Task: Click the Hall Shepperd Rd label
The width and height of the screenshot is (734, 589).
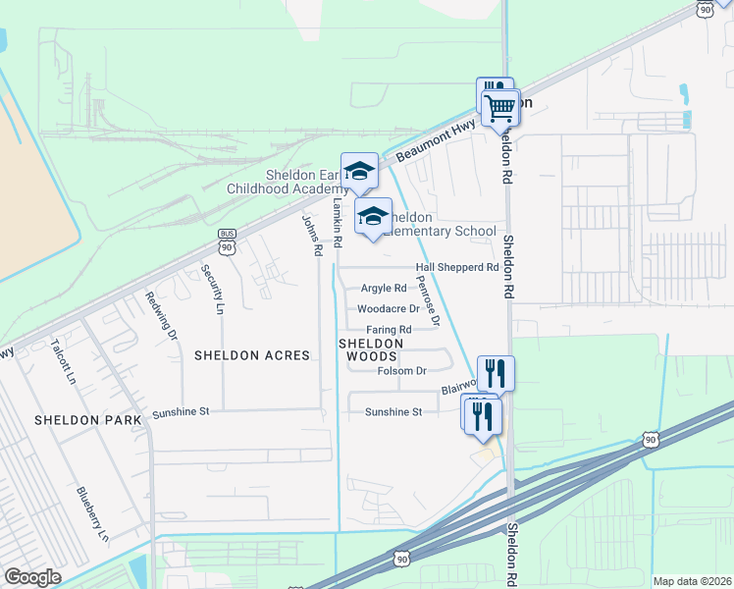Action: click(457, 267)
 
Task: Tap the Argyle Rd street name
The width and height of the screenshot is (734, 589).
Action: click(384, 289)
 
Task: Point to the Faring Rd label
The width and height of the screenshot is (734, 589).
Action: click(390, 329)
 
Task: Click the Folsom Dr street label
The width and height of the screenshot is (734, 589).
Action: click(401, 371)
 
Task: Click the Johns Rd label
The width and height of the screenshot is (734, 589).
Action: click(312, 236)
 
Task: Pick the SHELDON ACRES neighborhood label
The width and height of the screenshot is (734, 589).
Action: click(251, 355)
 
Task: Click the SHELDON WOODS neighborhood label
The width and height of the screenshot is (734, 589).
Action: click(372, 349)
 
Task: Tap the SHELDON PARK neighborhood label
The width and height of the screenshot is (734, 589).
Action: click(88, 419)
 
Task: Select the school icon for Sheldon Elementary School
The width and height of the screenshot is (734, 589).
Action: click(373, 216)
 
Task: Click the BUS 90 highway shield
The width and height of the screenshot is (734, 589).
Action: click(227, 240)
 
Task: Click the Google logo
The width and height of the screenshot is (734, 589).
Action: click(32, 577)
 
